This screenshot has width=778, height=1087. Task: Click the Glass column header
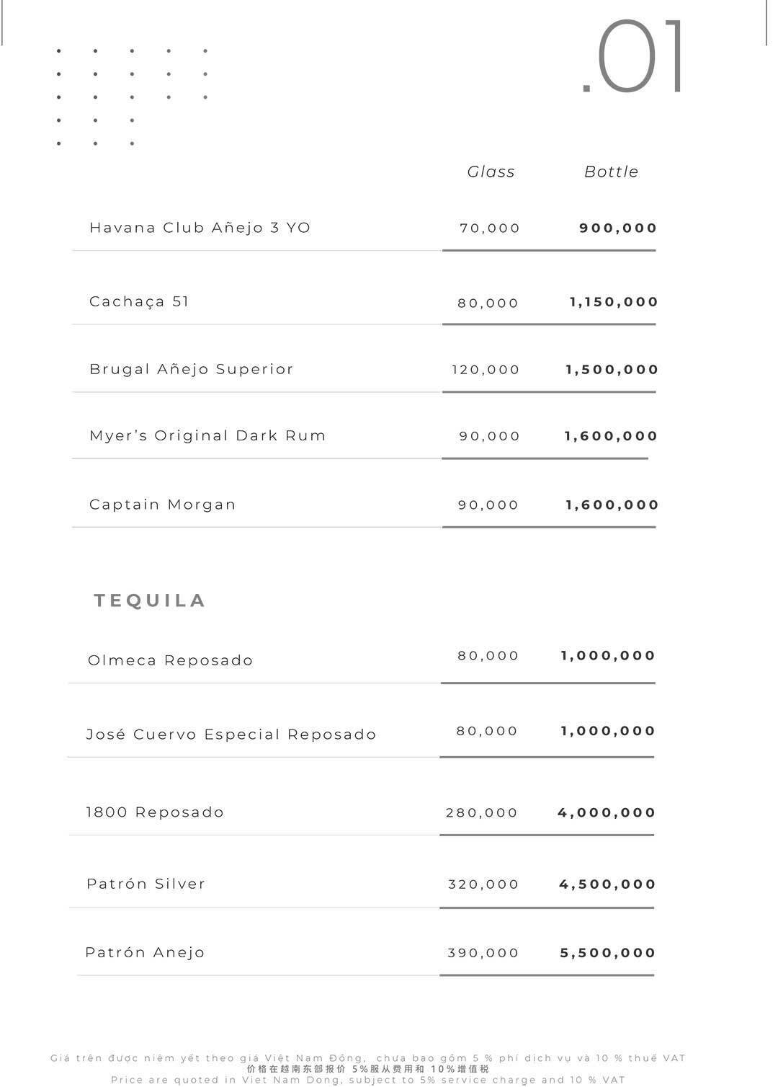491,172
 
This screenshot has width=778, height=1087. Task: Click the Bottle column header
611,172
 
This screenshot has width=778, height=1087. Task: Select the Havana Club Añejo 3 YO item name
200,228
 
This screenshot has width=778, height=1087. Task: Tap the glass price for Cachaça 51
488,303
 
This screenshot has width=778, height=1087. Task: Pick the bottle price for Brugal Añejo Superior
612,370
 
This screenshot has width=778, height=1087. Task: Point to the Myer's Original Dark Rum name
207,435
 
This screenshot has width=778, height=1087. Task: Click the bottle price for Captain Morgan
612,505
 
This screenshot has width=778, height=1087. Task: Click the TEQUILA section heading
150,600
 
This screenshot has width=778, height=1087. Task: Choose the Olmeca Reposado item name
170,660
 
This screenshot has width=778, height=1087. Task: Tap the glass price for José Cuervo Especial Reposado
487,731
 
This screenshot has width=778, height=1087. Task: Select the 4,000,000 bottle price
607,813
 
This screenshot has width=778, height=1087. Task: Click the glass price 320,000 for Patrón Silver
483,884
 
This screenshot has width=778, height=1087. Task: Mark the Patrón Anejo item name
145,952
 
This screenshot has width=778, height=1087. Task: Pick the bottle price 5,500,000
608,953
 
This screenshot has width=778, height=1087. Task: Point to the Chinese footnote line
368,1069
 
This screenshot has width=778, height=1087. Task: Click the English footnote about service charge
368,1080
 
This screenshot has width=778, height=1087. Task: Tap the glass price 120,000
486,370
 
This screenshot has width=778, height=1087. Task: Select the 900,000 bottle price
618,229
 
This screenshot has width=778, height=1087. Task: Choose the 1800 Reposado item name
155,812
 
